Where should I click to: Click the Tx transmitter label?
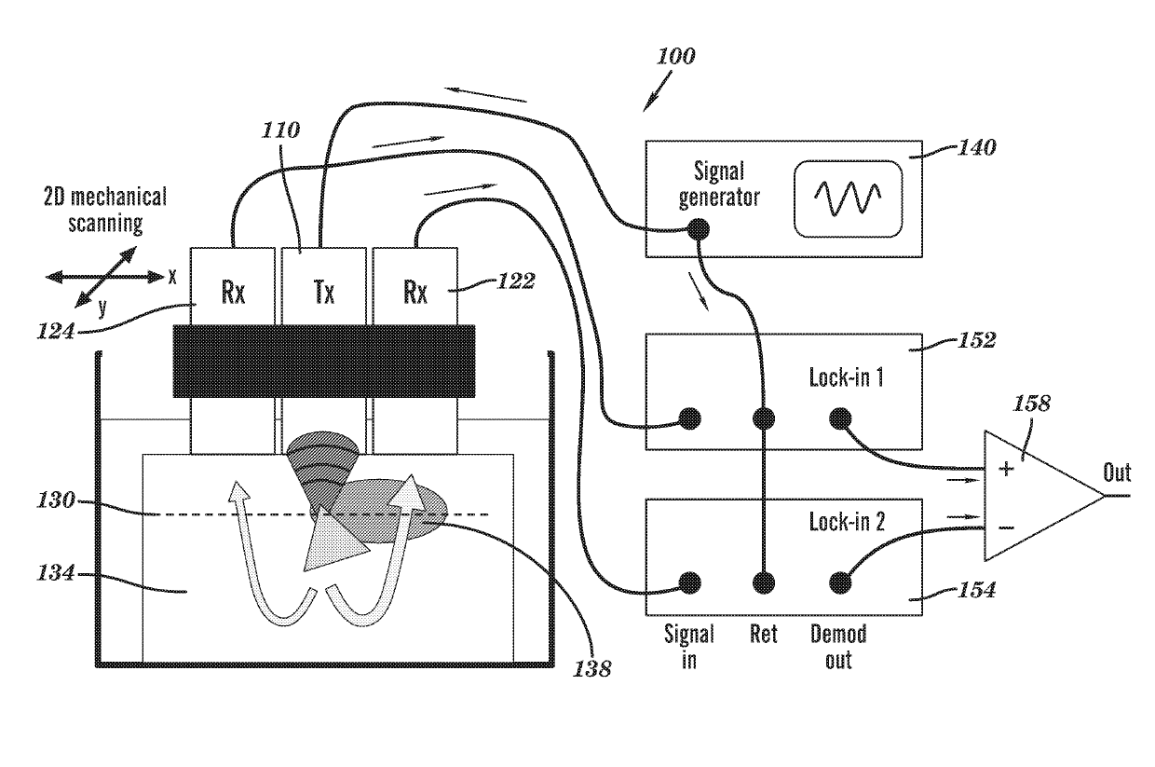[324, 292]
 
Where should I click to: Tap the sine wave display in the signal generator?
[849, 199]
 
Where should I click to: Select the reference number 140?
[977, 148]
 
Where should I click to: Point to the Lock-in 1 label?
[846, 377]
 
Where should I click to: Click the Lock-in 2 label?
[847, 522]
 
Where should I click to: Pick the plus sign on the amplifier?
[1006, 469]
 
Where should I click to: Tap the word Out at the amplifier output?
[1117, 472]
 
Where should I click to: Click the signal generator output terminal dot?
[699, 229]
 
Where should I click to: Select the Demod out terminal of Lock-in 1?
[840, 418]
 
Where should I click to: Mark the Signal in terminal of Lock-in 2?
[690, 583]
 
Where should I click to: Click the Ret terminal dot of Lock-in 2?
[764, 583]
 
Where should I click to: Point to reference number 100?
[676, 56]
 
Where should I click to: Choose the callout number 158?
[1031, 404]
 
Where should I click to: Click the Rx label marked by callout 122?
[415, 292]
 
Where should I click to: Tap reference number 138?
[592, 669]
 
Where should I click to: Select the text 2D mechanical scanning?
[105, 210]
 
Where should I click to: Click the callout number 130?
[56, 500]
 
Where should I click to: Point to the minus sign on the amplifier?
[1006, 527]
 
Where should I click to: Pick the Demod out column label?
[838, 647]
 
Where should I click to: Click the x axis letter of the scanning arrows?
[172, 278]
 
